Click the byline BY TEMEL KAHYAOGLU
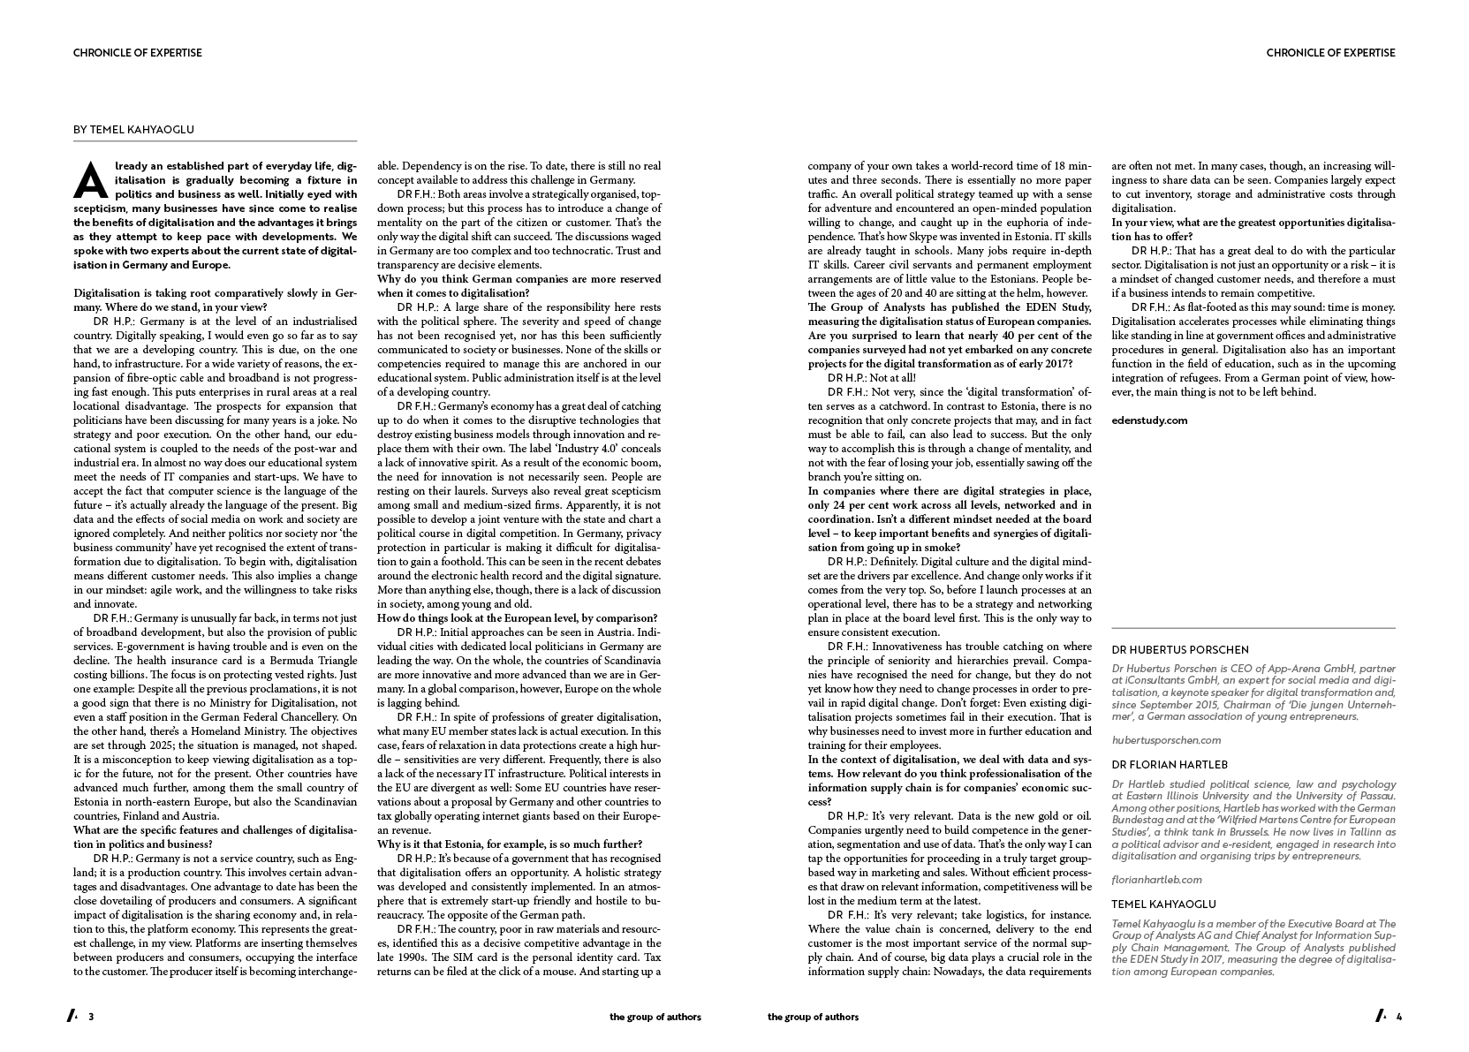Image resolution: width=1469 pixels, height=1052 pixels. point(133,130)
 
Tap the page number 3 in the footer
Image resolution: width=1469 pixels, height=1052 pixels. point(91,1017)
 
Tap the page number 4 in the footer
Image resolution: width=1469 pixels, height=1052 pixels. point(1398,1017)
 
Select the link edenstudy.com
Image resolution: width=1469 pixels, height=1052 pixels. point(1149,420)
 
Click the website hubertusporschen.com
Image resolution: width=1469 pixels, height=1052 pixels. point(1166,740)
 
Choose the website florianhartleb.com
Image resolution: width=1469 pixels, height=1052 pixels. point(1157,880)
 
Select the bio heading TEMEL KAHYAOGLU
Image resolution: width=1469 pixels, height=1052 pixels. point(1163,904)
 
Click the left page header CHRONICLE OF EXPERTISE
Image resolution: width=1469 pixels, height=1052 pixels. point(138,53)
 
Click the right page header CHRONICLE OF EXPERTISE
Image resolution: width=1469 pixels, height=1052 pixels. point(1330,53)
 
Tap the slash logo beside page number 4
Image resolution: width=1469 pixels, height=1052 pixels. point(1379,1017)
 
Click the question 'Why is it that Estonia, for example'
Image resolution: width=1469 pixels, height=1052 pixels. point(510,844)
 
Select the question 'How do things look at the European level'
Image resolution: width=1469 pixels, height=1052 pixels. point(517,618)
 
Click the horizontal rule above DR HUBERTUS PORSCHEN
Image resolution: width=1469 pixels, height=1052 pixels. point(1253,628)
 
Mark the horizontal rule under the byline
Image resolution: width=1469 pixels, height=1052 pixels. point(215,141)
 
